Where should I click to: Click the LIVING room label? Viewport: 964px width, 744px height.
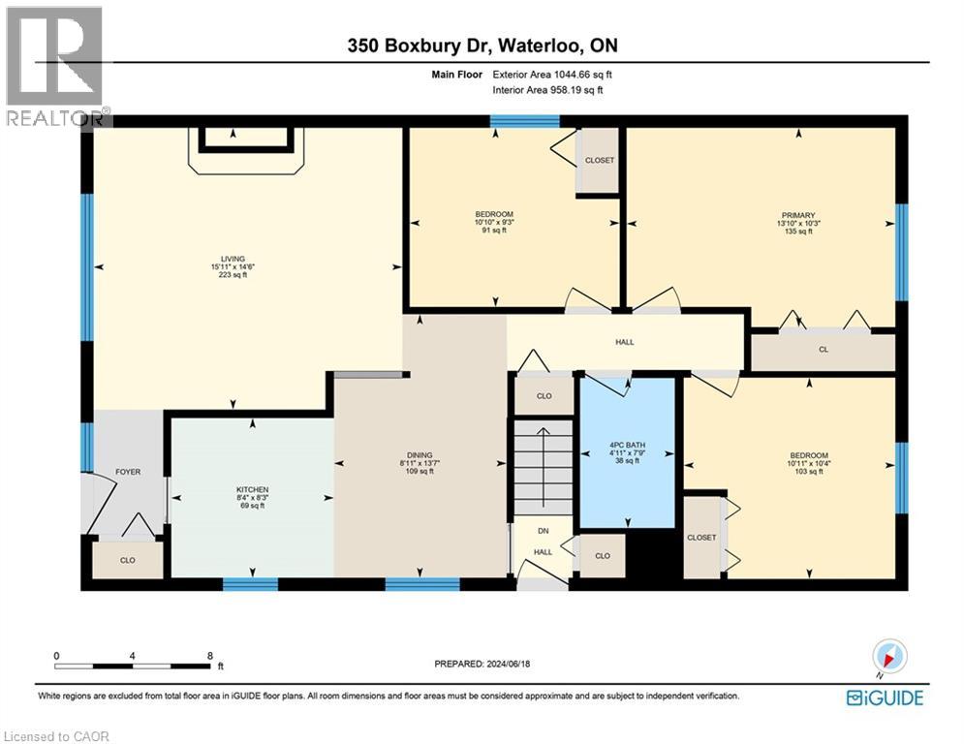pos(233,259)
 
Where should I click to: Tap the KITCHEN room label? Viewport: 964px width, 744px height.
pos(252,489)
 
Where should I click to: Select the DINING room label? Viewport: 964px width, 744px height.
pos(420,455)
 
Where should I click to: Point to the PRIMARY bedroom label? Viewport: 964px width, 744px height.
pos(798,215)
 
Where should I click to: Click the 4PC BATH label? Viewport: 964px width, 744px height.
pos(627,445)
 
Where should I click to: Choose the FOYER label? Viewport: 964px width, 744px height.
pos(128,472)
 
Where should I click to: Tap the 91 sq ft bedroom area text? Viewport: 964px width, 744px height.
pos(494,230)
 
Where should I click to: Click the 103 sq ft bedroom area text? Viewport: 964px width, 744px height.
pos(809,471)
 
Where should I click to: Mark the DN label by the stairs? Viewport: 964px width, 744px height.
pos(543,531)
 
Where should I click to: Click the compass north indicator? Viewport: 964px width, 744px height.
pos(889,657)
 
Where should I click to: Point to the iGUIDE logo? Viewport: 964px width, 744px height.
pos(885,697)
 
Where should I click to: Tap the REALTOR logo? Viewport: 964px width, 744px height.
pos(55,66)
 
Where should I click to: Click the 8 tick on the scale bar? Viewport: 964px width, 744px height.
pos(209,656)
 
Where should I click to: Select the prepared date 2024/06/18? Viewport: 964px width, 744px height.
pos(508,664)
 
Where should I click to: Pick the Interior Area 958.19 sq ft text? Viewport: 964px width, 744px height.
pos(547,90)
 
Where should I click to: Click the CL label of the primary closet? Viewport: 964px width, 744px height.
pos(824,350)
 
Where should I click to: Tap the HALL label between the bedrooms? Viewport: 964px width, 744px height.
pos(625,342)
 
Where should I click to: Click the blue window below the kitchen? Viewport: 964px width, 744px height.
pos(250,583)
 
